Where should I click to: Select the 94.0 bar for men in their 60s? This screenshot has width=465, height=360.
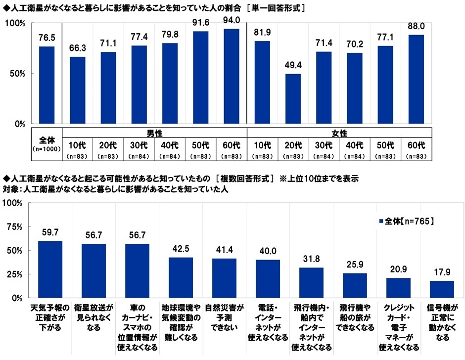232,76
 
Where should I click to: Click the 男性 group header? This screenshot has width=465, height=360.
154,133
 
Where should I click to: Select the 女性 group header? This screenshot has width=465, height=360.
340,133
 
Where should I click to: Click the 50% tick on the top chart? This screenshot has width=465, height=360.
17,74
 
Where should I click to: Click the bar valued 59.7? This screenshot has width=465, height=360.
50,270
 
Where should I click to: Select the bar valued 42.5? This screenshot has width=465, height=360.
181,277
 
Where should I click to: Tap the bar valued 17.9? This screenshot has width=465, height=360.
442,289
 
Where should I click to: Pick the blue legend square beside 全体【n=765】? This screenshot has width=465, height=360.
380,221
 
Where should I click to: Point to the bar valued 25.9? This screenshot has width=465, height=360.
354,285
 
